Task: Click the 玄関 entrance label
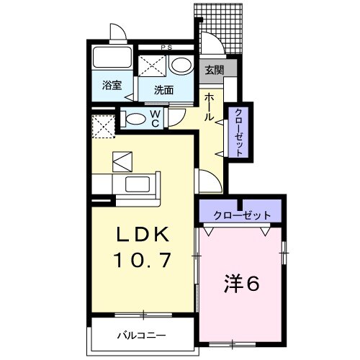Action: tap(214, 71)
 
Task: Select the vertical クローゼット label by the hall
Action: tap(238, 132)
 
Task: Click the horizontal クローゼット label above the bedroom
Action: tap(243, 215)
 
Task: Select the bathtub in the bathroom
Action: tap(111, 59)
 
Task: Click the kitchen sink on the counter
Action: tap(138, 184)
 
